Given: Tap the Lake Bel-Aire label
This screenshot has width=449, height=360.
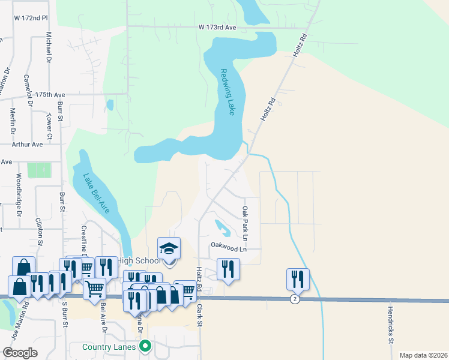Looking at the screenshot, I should [x=95, y=196].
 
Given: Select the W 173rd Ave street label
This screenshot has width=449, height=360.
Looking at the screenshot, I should [x=217, y=28].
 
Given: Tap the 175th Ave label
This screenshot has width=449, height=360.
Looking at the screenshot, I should [x=50, y=95].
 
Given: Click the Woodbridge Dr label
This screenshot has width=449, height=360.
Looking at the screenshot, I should [x=19, y=195].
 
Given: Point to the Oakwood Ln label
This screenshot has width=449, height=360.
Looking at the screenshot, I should [x=229, y=246].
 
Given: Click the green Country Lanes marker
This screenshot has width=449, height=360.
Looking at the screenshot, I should [x=145, y=347].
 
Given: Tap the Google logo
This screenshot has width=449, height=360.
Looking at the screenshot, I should [x=20, y=353].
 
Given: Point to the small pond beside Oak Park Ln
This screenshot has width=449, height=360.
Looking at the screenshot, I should [x=221, y=227].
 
